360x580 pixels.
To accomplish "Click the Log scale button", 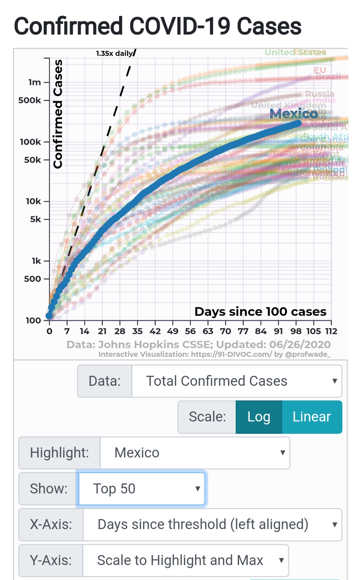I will click(259, 417).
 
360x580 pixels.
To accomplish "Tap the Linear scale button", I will click(312, 417).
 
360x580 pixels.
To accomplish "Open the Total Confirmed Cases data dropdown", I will click(237, 381).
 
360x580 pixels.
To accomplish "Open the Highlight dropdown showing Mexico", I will click(195, 453).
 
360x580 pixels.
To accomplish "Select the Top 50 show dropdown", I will click(142, 489).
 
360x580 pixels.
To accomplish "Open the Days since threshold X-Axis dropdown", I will click(212, 524).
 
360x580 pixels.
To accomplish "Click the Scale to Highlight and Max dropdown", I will click(185, 560).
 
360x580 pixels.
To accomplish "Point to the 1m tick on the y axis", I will click(35, 82).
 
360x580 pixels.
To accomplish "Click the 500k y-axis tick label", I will click(30, 100).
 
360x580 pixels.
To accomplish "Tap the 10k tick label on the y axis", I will click(33, 201).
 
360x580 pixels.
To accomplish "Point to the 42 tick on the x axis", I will click(155, 331).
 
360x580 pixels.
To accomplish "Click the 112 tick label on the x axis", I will click(331, 331).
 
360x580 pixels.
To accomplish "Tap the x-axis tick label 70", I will click(225, 331).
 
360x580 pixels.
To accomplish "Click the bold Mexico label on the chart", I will click(294, 114).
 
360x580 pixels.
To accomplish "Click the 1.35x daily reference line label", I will click(114, 53).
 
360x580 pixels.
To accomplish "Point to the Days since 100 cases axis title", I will click(260, 311).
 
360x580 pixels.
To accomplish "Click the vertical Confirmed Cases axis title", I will click(58, 114).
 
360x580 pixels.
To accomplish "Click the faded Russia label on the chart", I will click(319, 94).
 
